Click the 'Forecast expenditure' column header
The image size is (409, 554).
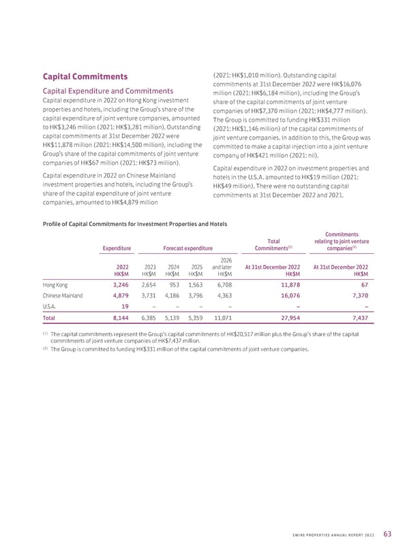tap(188, 248)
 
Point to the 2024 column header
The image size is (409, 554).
tap(173, 267)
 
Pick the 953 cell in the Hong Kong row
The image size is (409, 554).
tap(175, 285)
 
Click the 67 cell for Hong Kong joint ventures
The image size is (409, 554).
tap(365, 285)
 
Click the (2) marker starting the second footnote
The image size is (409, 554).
tap(44, 348)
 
